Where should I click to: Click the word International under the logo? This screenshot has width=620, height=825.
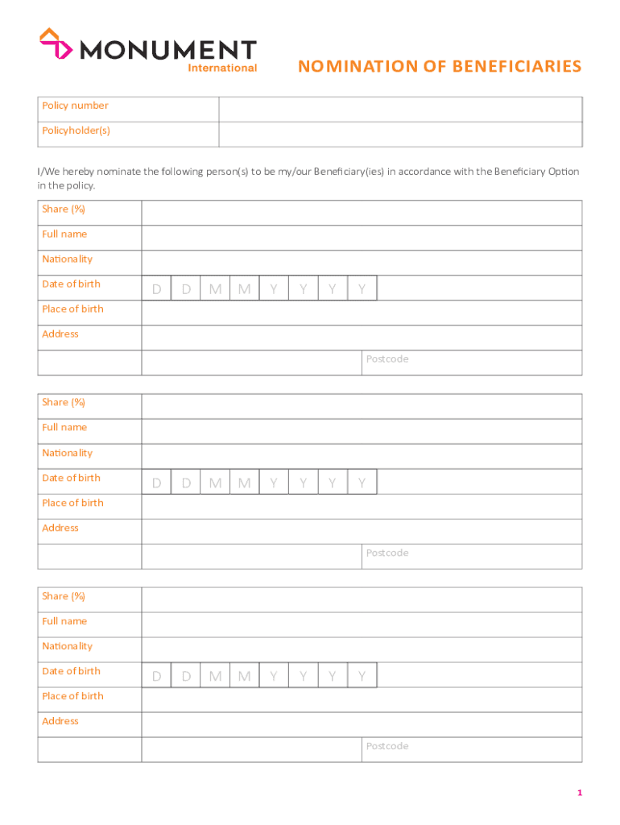(222, 68)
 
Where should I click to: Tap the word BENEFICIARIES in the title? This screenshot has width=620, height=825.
(515, 67)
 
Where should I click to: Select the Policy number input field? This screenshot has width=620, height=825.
(400, 109)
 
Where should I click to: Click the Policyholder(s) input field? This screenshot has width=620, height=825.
(400, 134)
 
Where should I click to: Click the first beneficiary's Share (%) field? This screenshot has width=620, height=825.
(362, 213)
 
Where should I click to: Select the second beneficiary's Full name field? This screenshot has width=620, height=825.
(362, 431)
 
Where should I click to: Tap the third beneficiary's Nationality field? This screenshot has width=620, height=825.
(362, 649)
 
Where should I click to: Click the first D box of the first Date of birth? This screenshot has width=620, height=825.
(157, 288)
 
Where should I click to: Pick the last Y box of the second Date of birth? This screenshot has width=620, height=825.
(362, 483)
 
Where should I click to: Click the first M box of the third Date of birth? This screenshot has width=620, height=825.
(215, 676)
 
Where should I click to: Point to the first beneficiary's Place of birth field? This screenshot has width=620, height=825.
(362, 313)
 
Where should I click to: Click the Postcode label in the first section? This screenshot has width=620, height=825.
(387, 359)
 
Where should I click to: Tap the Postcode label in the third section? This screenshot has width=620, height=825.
(387, 746)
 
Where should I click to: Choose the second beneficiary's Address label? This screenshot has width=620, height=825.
(60, 528)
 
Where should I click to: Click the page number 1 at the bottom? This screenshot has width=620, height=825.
(579, 794)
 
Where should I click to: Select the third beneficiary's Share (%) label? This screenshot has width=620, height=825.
(64, 596)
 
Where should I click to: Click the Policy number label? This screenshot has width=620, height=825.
(75, 106)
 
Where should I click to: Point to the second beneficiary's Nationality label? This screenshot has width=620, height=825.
(67, 453)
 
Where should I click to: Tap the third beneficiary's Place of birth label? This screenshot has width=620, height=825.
(72, 696)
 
